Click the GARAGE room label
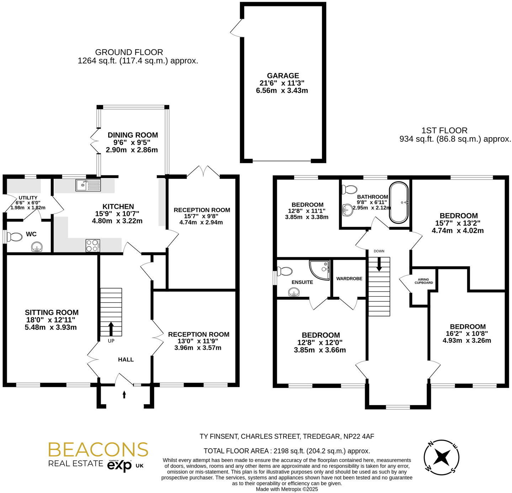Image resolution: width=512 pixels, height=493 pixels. [x=283, y=76]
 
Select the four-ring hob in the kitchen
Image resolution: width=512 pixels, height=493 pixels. [x=93, y=245]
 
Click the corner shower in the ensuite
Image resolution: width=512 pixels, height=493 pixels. [x=320, y=269]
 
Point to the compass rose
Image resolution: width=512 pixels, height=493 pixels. [x=442, y=457]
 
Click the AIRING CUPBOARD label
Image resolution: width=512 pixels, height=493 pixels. [x=423, y=281]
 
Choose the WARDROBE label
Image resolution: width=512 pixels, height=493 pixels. [x=349, y=279]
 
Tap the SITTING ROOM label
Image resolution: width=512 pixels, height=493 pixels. [x=52, y=312]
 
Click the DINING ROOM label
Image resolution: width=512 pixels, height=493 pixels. [x=133, y=135]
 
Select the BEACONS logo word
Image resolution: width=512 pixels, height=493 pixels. [x=98, y=450]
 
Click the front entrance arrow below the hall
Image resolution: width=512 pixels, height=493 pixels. [x=124, y=394]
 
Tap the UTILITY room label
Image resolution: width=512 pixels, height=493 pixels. [x=28, y=198]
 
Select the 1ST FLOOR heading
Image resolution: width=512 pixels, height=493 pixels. [x=444, y=130]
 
